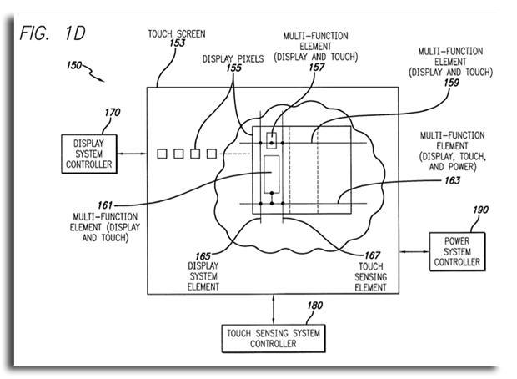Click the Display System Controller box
[x=87, y=154]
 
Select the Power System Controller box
[x=456, y=250]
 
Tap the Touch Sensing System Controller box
[x=273, y=338]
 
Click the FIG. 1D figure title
[x=51, y=34]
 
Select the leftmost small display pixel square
[x=163, y=154]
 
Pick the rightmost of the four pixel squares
[x=211, y=154]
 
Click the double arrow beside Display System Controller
[x=131, y=154]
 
